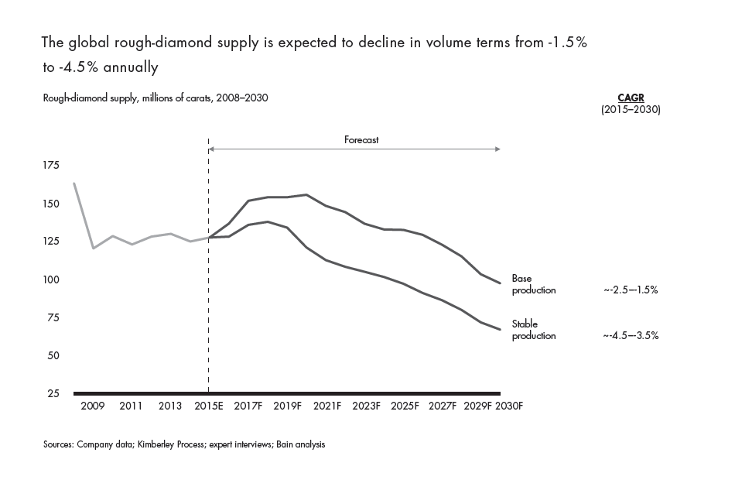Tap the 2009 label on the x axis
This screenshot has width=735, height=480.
click(93, 406)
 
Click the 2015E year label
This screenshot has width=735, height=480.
click(209, 406)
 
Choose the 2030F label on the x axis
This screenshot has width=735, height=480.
click(509, 406)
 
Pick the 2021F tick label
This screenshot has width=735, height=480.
click(326, 406)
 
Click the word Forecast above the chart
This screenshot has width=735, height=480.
click(361, 140)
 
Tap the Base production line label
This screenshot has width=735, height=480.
click(534, 284)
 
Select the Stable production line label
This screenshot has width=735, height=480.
click(534, 330)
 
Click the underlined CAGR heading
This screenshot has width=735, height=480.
click(630, 98)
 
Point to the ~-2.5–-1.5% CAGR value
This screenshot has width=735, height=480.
click(631, 290)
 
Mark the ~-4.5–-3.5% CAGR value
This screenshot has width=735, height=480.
click(631, 336)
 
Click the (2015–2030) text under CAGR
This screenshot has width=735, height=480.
click(631, 110)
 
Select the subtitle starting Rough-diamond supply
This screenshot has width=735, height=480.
click(156, 98)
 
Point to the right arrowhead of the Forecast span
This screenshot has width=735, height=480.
click(499, 148)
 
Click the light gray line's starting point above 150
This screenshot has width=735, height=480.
click(73, 183)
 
